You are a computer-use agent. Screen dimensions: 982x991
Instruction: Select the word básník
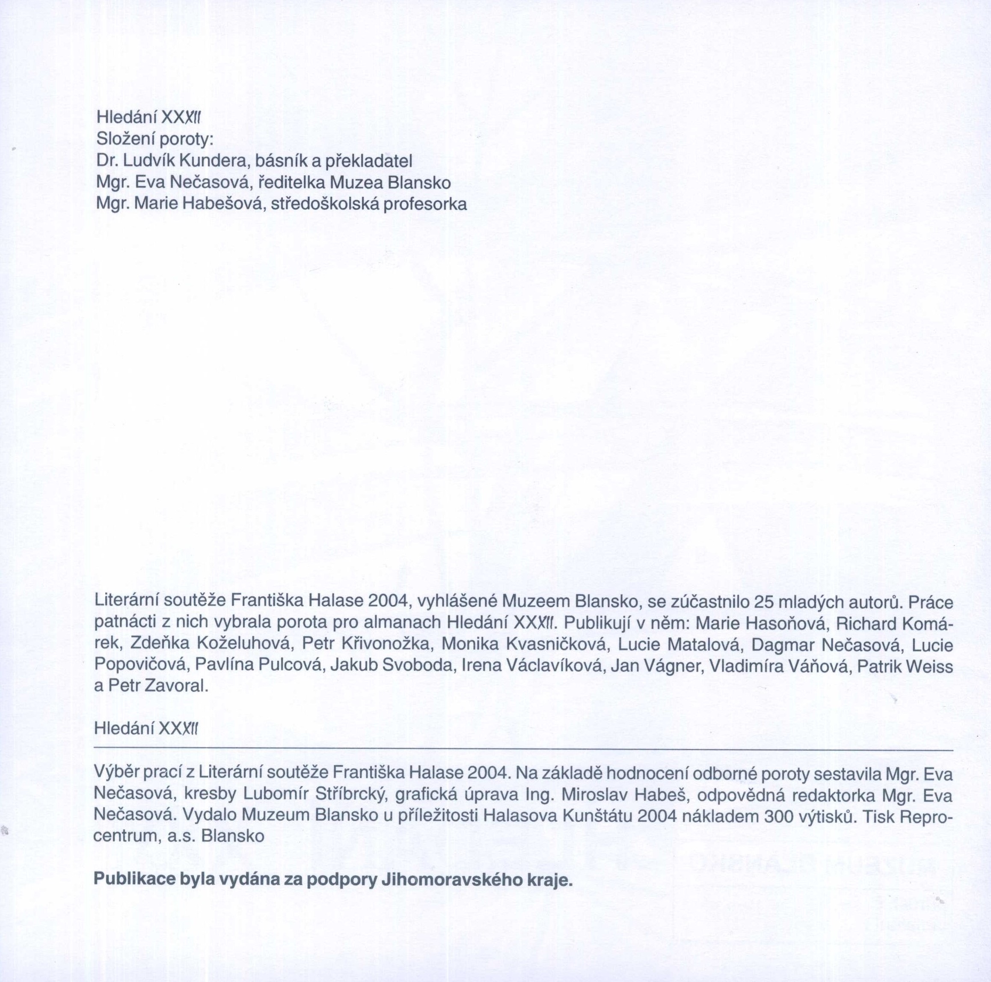282,161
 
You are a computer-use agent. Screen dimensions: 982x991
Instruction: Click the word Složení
125,140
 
